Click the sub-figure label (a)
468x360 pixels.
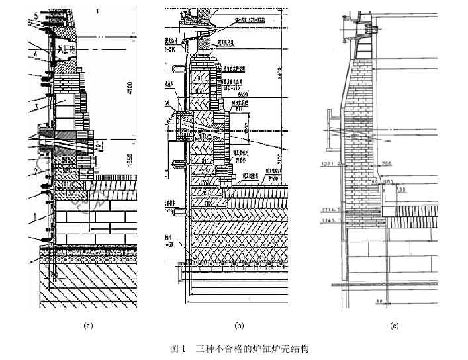87,325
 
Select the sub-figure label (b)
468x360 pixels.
239,325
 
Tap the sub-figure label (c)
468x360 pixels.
395,325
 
